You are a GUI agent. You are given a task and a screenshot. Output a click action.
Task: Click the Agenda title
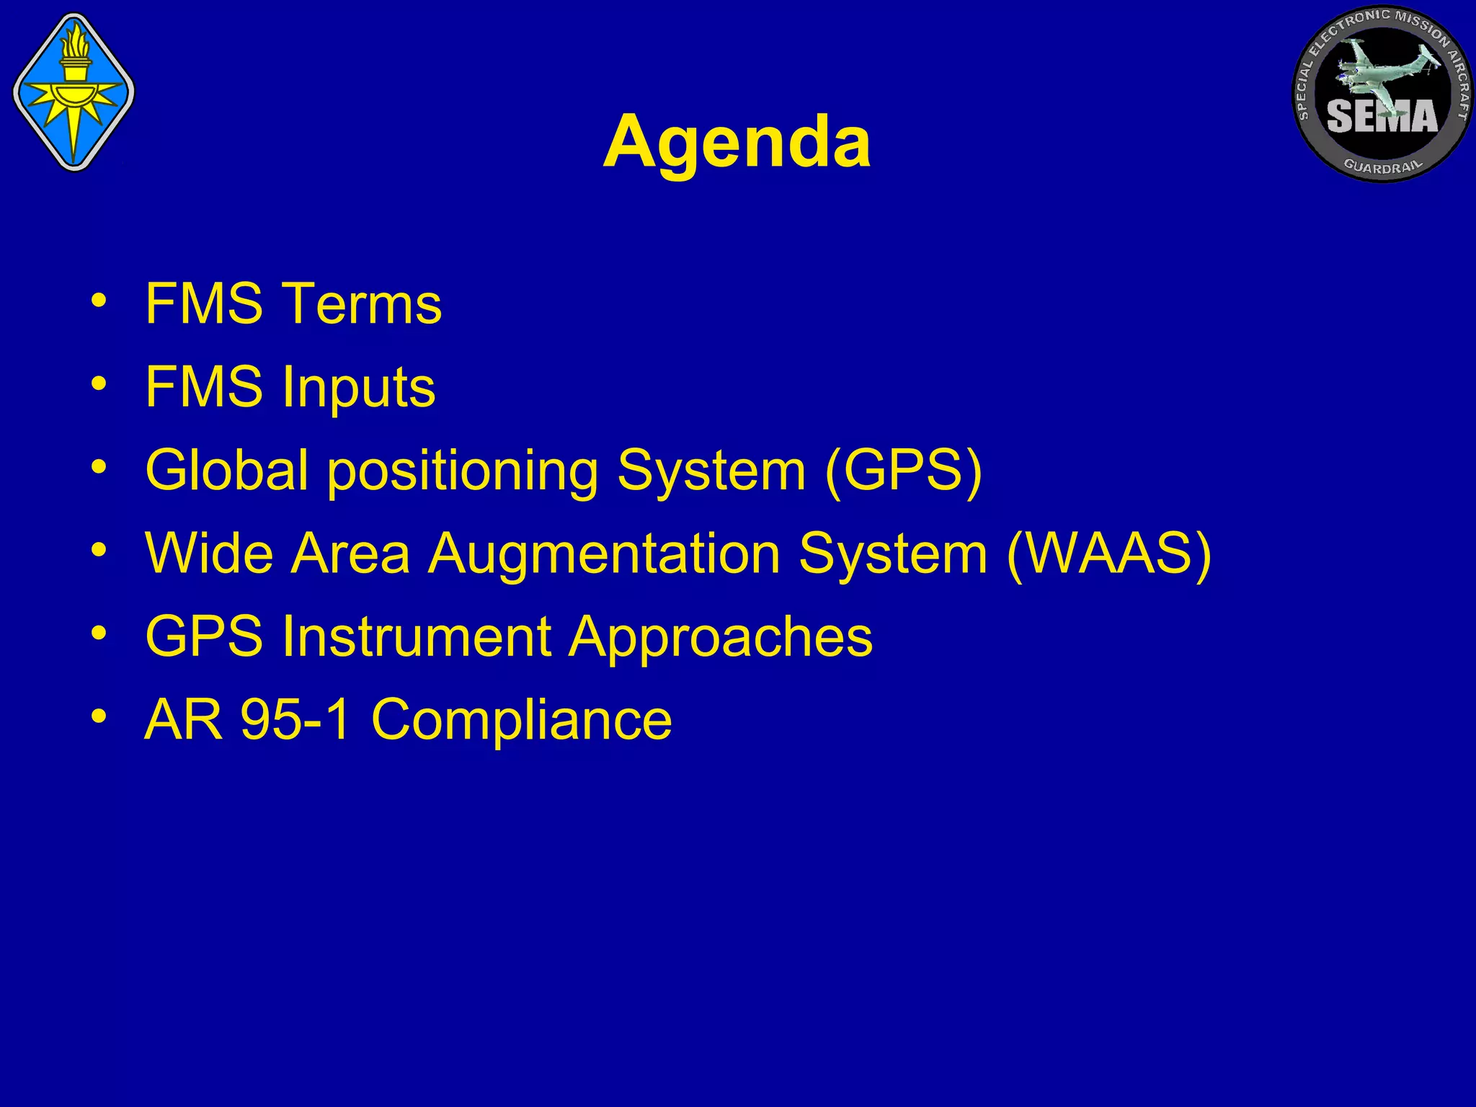(x=737, y=143)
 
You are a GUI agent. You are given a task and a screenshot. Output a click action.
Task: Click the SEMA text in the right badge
(x=1382, y=117)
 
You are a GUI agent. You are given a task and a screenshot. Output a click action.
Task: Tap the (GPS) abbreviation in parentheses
(x=903, y=471)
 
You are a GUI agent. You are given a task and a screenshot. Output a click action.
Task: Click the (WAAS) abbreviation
(x=1108, y=553)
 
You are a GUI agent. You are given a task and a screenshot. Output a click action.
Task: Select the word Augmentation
(x=604, y=553)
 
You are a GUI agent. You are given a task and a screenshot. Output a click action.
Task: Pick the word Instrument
(x=417, y=637)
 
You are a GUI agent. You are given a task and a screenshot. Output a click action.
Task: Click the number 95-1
(x=295, y=719)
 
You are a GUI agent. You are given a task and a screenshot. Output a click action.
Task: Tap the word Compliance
(x=521, y=720)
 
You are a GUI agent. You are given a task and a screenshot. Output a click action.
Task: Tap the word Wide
(x=209, y=553)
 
